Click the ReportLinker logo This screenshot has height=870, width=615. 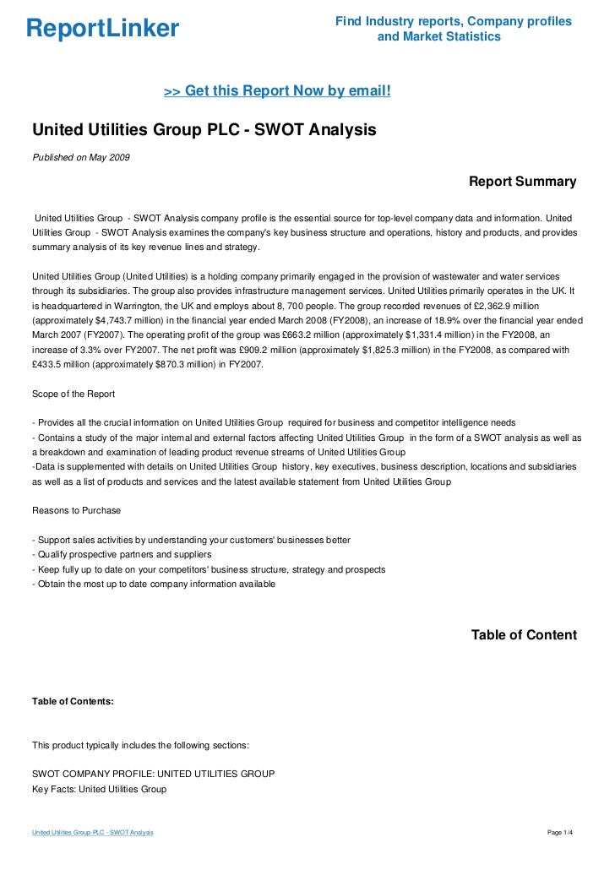coord(102,29)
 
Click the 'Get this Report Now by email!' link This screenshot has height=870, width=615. coord(277,91)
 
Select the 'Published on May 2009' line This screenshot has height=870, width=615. coord(81,158)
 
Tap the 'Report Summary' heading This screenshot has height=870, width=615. coord(522,182)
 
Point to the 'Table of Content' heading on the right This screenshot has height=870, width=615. coord(524,635)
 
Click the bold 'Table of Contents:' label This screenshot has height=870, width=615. coord(73,701)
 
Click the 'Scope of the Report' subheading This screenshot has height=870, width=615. coord(73,394)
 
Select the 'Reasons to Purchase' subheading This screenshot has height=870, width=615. coord(76,510)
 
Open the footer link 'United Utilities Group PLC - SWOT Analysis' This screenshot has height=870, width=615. coord(93,833)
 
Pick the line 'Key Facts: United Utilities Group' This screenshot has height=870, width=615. coord(99,789)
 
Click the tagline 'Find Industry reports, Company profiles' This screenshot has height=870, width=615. coord(453,21)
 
